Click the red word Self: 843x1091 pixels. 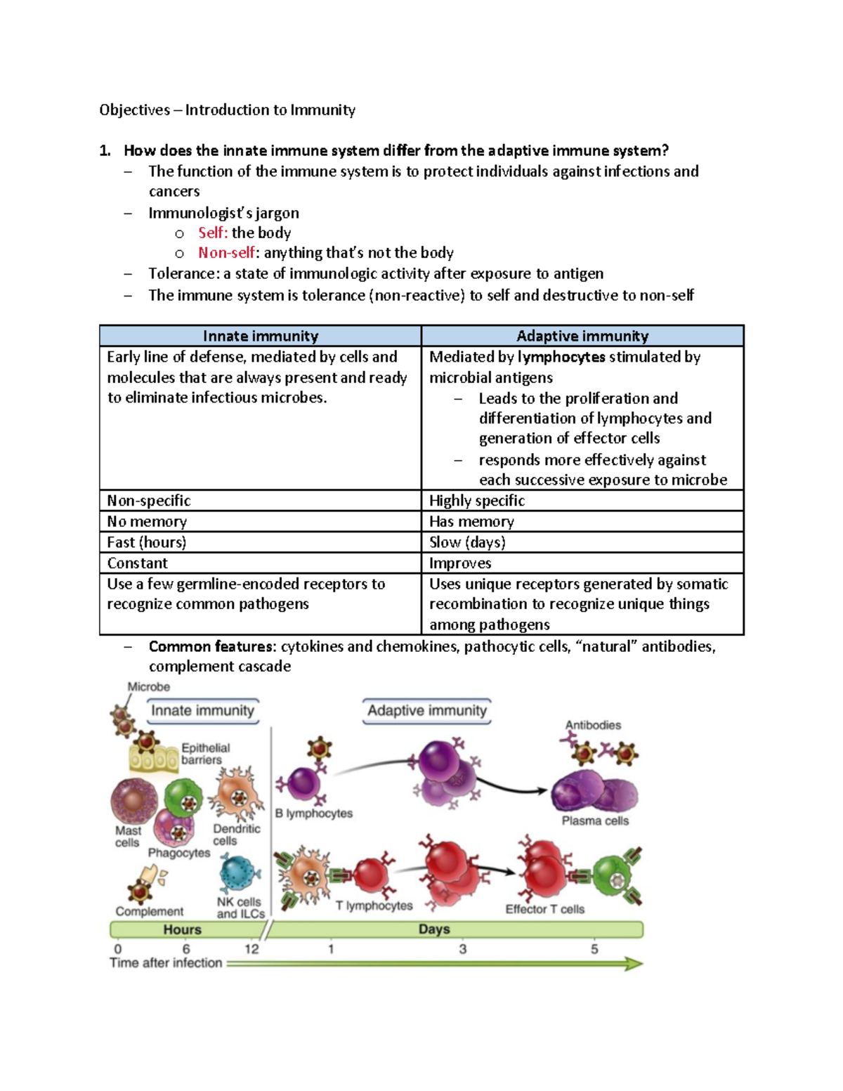212,233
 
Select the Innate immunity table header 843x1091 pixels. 261,336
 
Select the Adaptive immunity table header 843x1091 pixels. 582,336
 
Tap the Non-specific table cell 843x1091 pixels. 149,501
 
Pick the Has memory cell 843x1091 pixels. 471,521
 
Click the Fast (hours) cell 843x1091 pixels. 147,542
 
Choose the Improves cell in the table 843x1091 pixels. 460,563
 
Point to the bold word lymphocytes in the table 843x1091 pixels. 561,357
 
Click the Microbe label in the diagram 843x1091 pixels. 148,687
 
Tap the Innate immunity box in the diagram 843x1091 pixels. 202,710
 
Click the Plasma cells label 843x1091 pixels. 595,821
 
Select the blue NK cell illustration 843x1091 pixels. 239,874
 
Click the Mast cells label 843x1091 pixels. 127,837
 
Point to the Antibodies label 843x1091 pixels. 593,725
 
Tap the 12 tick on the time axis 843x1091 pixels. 251,949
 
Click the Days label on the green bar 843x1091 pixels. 433,929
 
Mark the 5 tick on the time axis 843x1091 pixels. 594,949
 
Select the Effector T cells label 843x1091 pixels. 544,909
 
